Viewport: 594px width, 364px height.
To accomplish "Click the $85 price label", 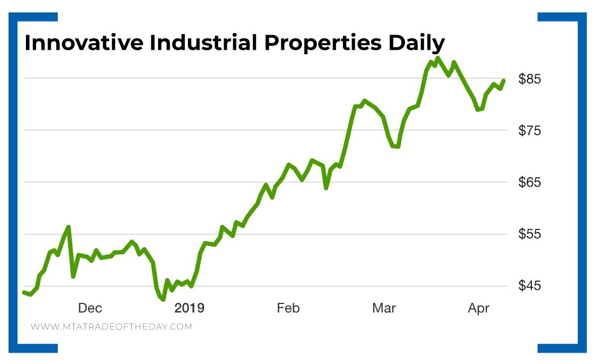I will click(x=529, y=79).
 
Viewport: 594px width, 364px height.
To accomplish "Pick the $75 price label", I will click(x=529, y=130).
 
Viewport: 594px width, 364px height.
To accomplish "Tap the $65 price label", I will click(x=529, y=182).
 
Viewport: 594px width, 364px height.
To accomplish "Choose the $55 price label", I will click(x=529, y=234).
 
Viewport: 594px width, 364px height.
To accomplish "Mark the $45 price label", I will click(x=529, y=286).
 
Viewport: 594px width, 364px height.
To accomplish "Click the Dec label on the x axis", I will click(x=90, y=308).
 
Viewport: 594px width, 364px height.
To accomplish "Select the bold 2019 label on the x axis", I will click(x=190, y=308).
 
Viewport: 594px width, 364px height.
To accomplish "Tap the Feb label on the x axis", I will click(x=288, y=308).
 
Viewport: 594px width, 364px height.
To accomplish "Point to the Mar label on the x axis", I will click(x=384, y=308).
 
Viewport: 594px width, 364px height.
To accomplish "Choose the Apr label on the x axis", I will click(x=478, y=308).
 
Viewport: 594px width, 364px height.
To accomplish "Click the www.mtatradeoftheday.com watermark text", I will click(x=111, y=327).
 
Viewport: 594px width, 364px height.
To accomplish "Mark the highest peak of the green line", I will click(x=437, y=58).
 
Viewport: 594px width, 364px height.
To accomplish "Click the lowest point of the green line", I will click(x=163, y=299).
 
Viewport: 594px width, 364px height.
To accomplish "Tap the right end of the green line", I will click(x=503, y=81).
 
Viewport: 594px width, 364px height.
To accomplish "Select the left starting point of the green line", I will click(x=24, y=292).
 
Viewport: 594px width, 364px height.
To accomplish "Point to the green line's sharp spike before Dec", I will click(x=69, y=227).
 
